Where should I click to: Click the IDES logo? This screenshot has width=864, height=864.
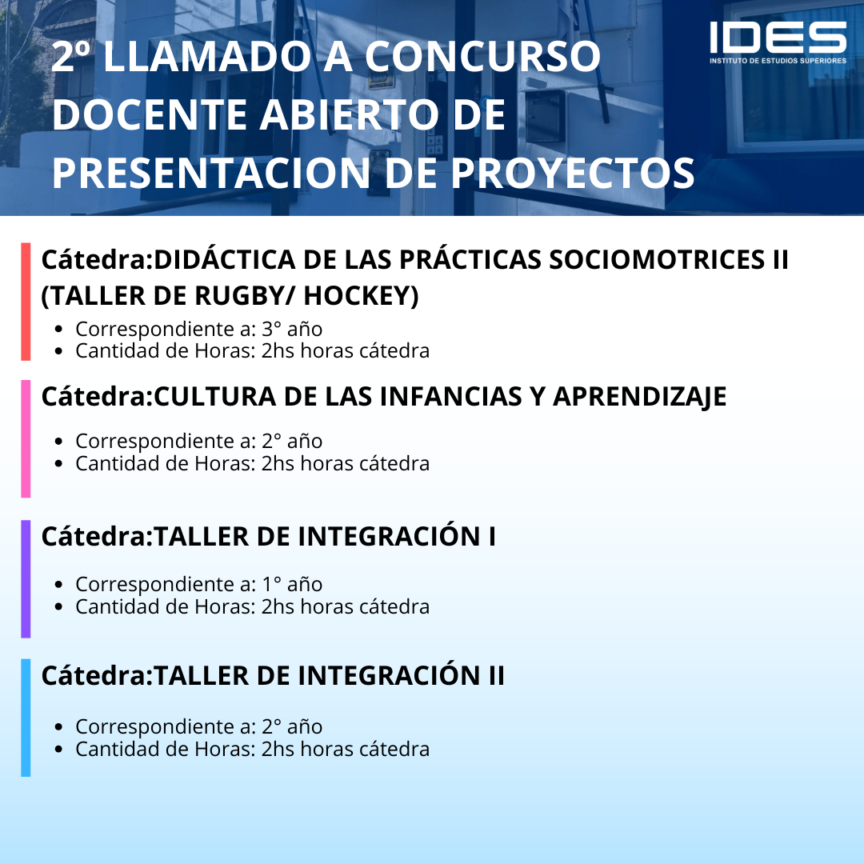pyautogui.click(x=778, y=42)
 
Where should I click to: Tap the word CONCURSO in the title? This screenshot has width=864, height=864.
pyautogui.click(x=482, y=56)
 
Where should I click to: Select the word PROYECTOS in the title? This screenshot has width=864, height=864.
pyautogui.click(x=573, y=173)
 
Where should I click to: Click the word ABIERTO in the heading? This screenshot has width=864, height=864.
pyautogui.click(x=350, y=114)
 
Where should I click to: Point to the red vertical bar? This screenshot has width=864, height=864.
pyautogui.click(x=26, y=302)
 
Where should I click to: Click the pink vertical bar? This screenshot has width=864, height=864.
pyautogui.click(x=26, y=438)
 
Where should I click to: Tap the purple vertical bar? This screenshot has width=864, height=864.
pyautogui.click(x=26, y=579)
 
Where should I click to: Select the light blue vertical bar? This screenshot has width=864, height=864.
pyautogui.click(x=26, y=718)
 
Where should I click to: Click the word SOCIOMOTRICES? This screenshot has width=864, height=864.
pyautogui.click(x=656, y=259)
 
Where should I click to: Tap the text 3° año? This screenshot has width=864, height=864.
pyautogui.click(x=292, y=329)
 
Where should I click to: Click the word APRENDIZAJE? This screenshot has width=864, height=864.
pyautogui.click(x=640, y=397)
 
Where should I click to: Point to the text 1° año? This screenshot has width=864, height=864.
pyautogui.click(x=292, y=584)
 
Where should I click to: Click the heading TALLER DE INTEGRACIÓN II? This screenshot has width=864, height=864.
pyautogui.click(x=329, y=675)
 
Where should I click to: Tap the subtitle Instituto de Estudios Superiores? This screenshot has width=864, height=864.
pyautogui.click(x=778, y=61)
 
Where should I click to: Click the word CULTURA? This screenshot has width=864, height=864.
pyautogui.click(x=215, y=397)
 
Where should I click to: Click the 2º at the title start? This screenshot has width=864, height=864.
pyautogui.click(x=71, y=56)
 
